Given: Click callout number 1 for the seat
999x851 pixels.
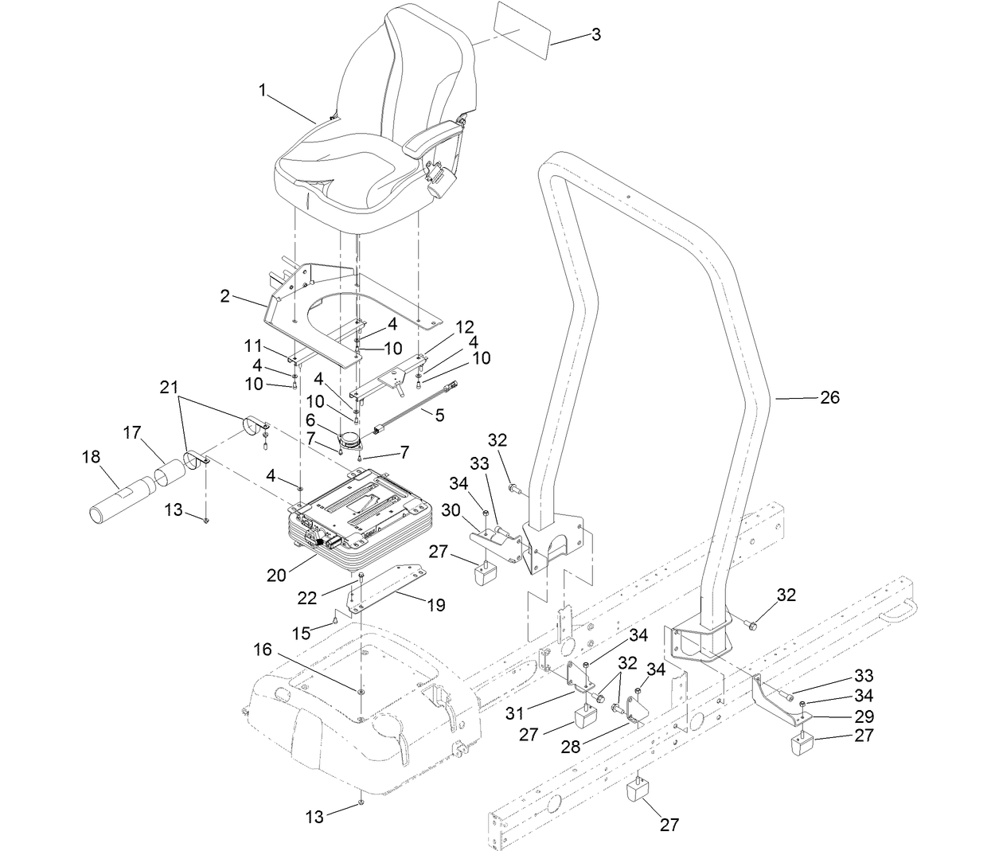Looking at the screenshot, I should pos(262,91).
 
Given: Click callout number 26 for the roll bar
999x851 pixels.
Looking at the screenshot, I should pos(829,396).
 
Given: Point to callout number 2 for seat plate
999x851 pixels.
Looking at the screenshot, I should pos(225,296).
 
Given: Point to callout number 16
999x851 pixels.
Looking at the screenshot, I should pos(263,650).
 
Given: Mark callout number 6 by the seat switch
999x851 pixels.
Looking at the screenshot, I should pos(310,419).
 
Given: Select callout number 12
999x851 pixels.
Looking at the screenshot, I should pos(465,326).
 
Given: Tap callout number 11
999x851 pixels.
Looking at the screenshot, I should pos(253,345).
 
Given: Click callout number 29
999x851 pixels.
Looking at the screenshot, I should pos(864,716).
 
